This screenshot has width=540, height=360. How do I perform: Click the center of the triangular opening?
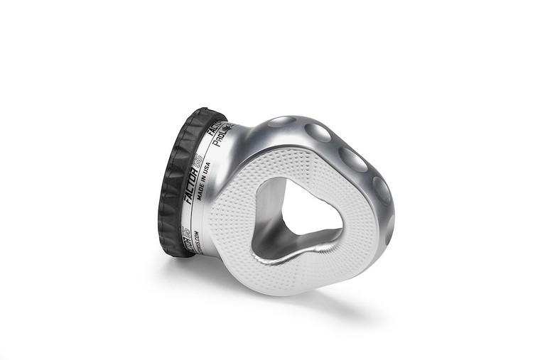click(302, 209)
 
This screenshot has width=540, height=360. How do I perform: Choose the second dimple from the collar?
click(317, 132)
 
